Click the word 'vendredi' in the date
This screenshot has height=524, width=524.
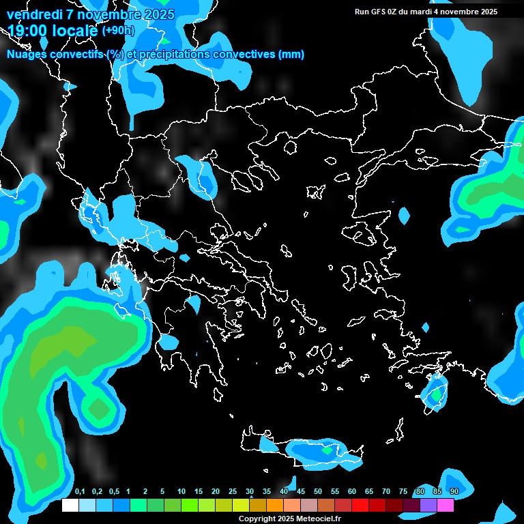(x=34, y=14)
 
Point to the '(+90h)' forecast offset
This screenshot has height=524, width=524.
(x=118, y=30)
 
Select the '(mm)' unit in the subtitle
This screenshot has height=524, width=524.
(x=291, y=55)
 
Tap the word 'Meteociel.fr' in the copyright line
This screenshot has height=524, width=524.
(x=319, y=519)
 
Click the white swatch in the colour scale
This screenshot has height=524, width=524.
(x=70, y=505)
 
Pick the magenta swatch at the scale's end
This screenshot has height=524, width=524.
(x=446, y=505)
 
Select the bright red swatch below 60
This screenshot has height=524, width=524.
(x=360, y=505)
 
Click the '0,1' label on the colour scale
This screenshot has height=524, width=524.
(x=80, y=492)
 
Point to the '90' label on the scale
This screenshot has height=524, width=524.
(x=454, y=492)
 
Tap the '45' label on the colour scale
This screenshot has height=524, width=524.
(x=301, y=492)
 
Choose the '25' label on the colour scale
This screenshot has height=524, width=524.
(x=233, y=492)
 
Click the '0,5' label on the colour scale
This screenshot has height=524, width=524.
(x=114, y=492)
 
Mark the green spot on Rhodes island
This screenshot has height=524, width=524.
(x=435, y=394)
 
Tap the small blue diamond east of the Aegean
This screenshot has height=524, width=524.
(x=404, y=217)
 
